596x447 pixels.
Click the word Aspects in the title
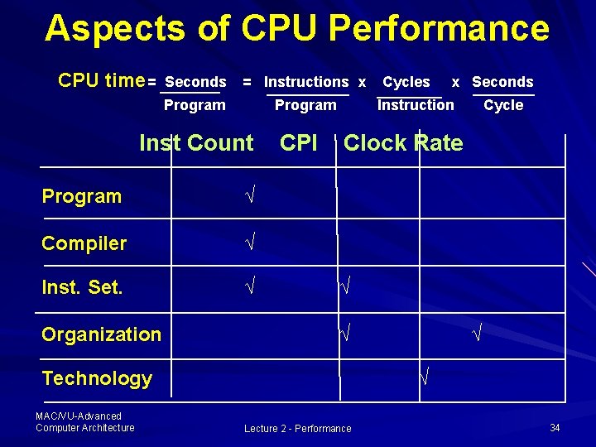pos(114,28)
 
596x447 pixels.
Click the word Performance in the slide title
pos(439,28)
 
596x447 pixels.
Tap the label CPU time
pos(101,80)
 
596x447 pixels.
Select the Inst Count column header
pos(196,143)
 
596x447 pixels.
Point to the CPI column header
pos(299,143)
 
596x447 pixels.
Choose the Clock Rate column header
pos(403,143)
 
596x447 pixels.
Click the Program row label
pos(81,196)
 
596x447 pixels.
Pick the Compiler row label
pos(84,243)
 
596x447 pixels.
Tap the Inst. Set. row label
pos(82,288)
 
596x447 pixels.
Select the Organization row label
pos(101,334)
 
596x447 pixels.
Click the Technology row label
pos(97,378)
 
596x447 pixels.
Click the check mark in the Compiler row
pos(249,243)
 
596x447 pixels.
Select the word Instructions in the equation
pos(306,82)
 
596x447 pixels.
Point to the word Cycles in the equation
pos(406,82)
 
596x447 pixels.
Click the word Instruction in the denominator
pos(416,105)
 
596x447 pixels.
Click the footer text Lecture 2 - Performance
pos(297,429)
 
